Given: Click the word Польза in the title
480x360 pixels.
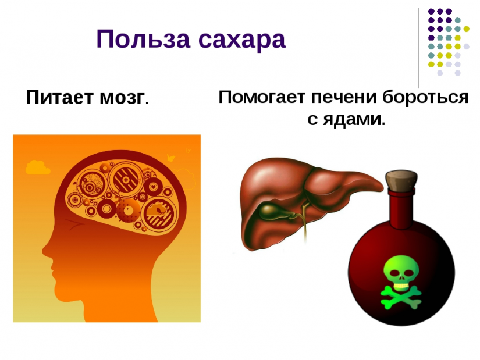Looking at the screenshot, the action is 144,39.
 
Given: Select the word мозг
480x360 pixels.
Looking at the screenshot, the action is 122,98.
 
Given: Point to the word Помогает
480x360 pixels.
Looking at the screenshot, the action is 262,97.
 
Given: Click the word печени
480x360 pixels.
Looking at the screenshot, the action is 344,97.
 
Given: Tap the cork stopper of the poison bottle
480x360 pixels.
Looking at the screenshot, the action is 401,180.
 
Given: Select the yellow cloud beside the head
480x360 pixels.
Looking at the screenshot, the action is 38,167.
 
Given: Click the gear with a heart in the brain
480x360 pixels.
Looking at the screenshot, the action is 154,186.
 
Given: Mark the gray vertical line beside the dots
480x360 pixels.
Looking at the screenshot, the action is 418,48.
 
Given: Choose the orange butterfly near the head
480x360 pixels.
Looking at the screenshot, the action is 170,158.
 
